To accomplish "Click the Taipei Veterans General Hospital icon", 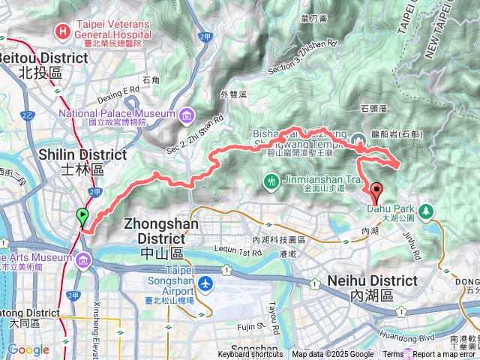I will (x=63, y=32).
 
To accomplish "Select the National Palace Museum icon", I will (x=184, y=115).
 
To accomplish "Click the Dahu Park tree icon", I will (x=426, y=210).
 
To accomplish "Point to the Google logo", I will (x=28, y=349).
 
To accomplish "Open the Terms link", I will (x=393, y=355).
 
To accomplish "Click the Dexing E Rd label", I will (x=118, y=90).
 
